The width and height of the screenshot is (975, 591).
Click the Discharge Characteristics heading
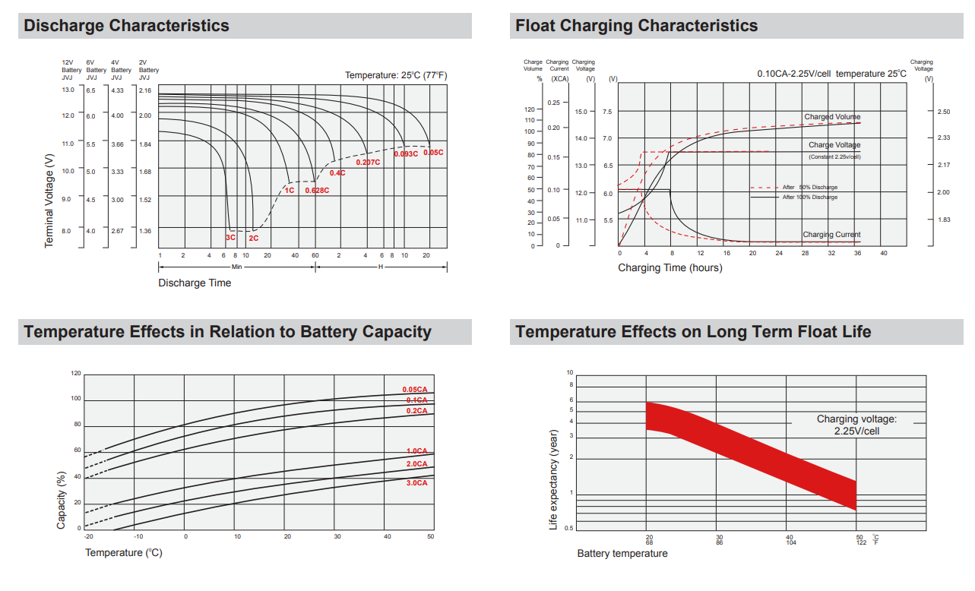(126, 26)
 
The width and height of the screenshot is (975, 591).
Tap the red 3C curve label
(230, 238)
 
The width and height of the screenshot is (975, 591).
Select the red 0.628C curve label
(317, 190)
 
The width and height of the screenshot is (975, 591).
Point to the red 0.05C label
(433, 153)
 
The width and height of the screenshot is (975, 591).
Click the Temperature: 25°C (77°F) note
(396, 75)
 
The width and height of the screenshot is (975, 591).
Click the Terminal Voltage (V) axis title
(49, 201)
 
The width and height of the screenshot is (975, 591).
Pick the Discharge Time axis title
(195, 283)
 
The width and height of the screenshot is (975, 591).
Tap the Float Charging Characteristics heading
(636, 26)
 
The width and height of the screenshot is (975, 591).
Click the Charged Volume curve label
(832, 117)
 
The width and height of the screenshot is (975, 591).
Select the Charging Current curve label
(831, 235)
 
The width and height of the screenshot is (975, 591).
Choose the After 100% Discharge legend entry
(809, 197)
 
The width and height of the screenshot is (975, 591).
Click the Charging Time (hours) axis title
(670, 268)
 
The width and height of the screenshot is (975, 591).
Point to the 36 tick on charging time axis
(857, 253)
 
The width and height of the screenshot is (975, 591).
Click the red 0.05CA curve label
(415, 390)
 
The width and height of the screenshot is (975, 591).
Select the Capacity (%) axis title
(62, 501)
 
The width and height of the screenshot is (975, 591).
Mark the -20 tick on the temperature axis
(88, 537)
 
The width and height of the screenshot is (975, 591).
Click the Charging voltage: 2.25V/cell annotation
(856, 425)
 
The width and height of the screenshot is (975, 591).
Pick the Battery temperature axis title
(622, 554)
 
